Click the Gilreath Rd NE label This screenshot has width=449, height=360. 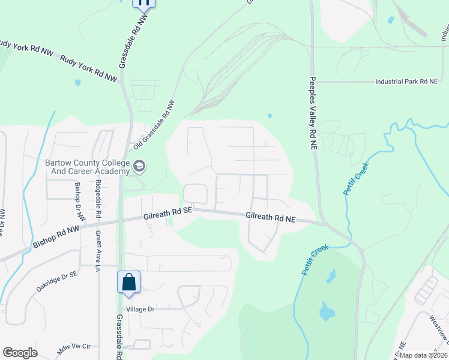click(271, 218)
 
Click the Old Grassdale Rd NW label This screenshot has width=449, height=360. click(154, 125)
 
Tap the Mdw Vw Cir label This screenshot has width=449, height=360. click(73, 346)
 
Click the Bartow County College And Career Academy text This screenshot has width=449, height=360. click(88, 167)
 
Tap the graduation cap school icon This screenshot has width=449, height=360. click(139, 166)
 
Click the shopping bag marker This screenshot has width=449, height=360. click(129, 282)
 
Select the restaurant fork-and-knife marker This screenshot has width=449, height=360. click(143, 3)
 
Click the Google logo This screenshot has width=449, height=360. click(20, 353)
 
